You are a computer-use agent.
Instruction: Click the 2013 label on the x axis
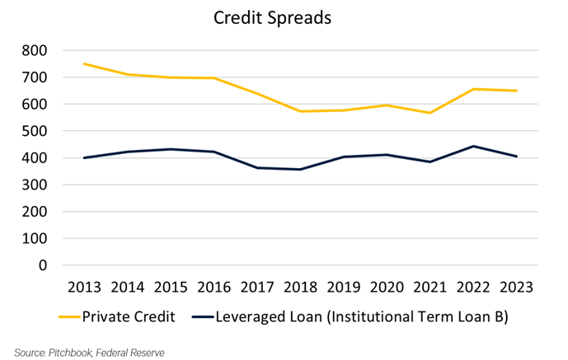85,288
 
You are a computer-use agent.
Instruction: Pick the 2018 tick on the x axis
300,288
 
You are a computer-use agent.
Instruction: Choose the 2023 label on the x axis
516,288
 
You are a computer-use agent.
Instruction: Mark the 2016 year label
214,288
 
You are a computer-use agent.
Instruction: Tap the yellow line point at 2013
85,64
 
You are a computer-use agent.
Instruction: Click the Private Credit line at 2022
473,89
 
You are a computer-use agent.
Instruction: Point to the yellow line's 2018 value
300,111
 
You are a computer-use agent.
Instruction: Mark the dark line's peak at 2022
473,147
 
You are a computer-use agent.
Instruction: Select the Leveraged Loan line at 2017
257,168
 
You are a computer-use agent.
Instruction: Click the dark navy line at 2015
171,149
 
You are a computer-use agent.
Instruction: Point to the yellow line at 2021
430,113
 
